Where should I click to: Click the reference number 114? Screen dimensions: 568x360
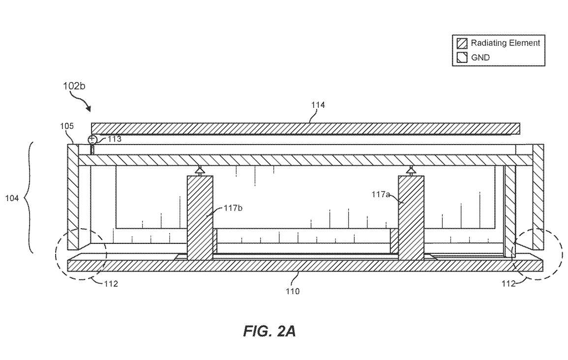318,105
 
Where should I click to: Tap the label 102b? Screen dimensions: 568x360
74,86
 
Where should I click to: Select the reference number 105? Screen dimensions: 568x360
67,126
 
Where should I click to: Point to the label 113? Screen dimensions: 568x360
115,139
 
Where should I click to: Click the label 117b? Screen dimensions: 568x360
233,208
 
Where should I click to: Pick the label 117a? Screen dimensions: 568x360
381,194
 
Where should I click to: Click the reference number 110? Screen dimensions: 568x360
293,291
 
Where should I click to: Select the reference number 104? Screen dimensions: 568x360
12,198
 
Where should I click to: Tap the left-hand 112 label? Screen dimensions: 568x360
111,284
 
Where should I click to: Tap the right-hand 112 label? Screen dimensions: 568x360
508,284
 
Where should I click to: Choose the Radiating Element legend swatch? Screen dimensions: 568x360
462,43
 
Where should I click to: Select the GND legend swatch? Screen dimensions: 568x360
462,58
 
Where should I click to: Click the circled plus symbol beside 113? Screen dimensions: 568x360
92,139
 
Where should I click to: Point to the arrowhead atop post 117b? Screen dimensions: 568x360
199,170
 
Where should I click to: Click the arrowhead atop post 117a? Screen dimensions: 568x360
411,170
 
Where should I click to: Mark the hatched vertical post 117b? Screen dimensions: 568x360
200,218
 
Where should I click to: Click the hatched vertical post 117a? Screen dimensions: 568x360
411,218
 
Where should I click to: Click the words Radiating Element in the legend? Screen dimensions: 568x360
506,43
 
